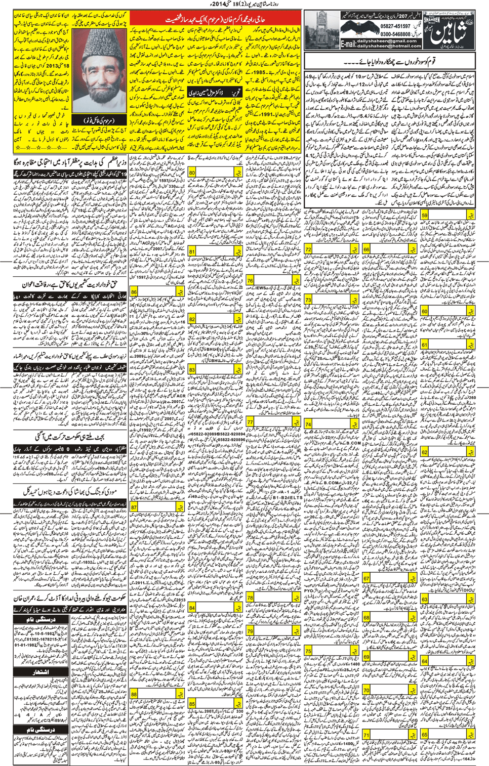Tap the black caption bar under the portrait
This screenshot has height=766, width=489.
(x=99, y=121)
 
